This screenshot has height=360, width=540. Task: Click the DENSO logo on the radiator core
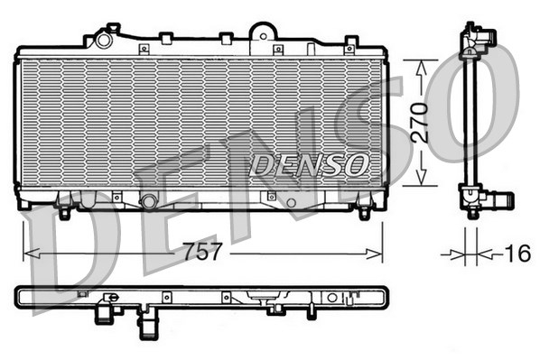[309, 164]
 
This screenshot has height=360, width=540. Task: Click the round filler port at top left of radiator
[104, 39]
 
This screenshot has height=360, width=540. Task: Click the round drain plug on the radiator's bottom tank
[149, 200]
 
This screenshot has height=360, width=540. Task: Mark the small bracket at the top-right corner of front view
[351, 42]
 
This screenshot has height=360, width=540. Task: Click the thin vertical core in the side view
[470, 117]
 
